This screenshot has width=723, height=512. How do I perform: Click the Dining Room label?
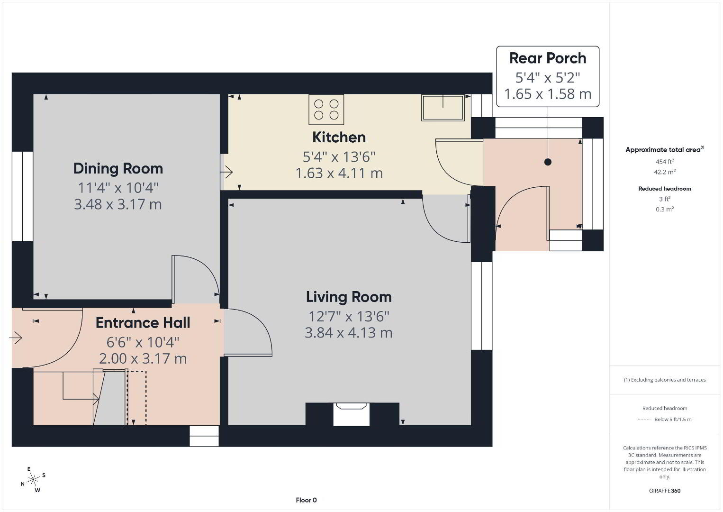tap(118, 169)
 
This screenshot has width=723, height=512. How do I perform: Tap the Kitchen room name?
tap(339, 137)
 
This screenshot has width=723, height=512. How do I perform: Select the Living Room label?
tap(349, 297)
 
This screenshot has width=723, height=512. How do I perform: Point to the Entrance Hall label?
tap(143, 323)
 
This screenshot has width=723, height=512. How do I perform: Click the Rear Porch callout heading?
tap(548, 58)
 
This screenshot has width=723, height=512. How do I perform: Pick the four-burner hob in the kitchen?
tap(326, 110)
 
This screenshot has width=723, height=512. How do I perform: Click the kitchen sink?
tap(443, 108)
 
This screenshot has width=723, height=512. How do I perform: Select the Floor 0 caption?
tap(307, 500)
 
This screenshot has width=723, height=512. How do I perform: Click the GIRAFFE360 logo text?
tap(665, 491)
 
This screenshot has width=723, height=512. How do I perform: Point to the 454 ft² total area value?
tap(665, 162)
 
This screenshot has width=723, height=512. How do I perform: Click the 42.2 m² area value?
tap(665, 172)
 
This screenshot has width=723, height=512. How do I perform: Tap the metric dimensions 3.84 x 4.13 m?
tap(349, 333)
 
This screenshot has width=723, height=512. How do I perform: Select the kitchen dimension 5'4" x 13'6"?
tap(339, 157)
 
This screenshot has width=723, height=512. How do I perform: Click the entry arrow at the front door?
tap(16, 338)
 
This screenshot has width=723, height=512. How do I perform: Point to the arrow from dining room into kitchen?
tap(226, 172)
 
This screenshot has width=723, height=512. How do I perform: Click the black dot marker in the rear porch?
tap(548, 162)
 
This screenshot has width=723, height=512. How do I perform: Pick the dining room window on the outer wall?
tap(23, 196)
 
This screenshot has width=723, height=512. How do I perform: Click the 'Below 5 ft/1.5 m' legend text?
tap(673, 419)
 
